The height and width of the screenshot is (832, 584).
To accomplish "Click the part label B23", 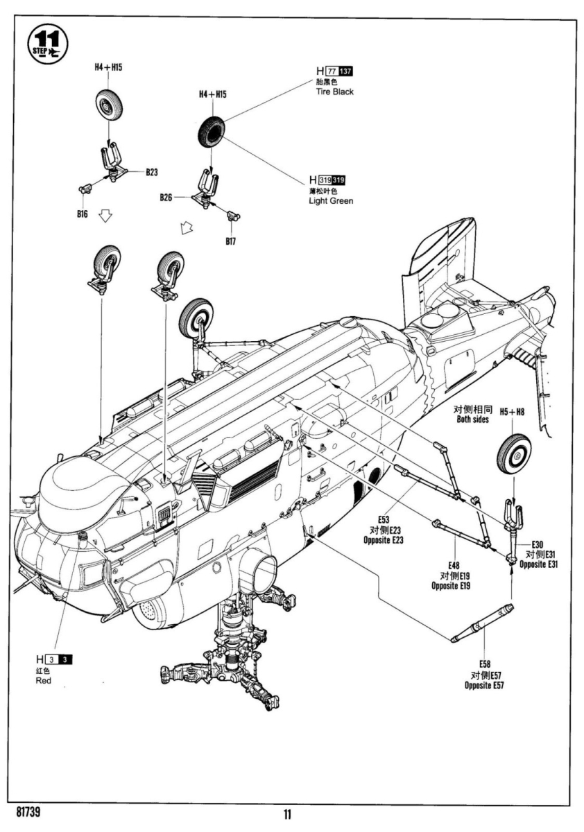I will coord(152,171).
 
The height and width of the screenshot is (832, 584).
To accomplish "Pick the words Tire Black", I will coord(334,92).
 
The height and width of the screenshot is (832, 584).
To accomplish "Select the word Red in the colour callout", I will coord(43,681).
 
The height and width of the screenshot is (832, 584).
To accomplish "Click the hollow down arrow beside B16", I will coord(105,218).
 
